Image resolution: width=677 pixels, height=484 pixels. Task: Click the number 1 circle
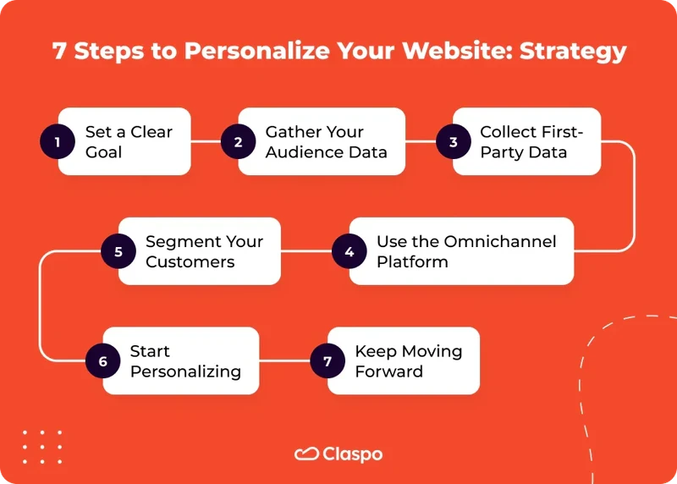click(58, 142)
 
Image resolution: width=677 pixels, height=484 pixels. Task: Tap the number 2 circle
click(238, 142)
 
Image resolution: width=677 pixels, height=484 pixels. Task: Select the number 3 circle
click(454, 142)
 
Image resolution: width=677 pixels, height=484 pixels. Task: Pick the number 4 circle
click(349, 251)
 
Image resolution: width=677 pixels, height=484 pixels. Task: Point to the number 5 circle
click(118, 251)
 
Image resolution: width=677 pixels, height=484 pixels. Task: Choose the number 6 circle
click(103, 361)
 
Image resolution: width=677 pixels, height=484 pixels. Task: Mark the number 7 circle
click(327, 361)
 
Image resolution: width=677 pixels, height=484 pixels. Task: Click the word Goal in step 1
click(103, 152)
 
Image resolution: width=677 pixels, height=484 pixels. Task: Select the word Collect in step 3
click(509, 132)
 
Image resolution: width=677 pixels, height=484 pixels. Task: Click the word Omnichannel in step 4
click(503, 241)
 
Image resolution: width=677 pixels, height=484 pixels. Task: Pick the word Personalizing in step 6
click(185, 371)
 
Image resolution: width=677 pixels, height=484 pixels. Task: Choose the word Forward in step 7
click(388, 371)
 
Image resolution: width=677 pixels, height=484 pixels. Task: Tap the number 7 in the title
click(59, 51)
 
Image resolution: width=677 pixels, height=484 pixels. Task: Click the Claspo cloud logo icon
click(305, 454)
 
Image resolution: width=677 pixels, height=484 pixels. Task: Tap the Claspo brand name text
click(352, 454)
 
